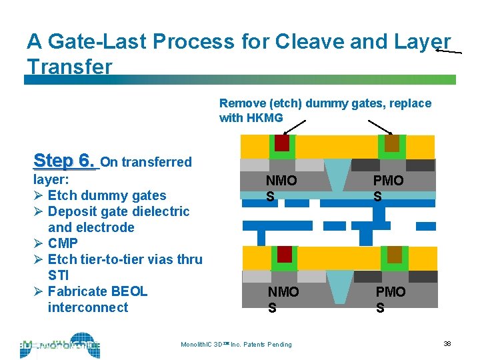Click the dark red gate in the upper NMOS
tap(281, 143)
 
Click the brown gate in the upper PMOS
tap(391, 143)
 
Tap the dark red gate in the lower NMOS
tap(285, 254)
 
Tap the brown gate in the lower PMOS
tap(394, 254)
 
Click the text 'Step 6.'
tap(64, 161)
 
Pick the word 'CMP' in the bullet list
tap(63, 243)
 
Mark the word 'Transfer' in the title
tap(70, 67)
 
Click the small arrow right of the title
tap(448, 50)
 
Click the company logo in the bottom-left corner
tap(60, 345)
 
